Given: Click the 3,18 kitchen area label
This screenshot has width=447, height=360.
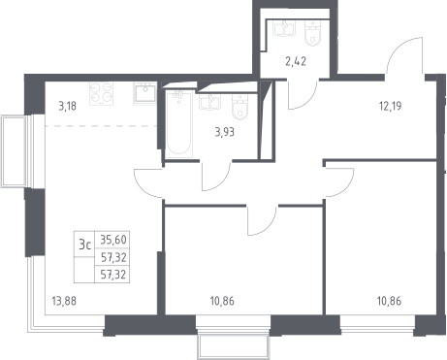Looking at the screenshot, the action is point(68,106).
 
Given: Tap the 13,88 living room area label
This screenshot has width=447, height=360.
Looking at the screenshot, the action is point(64,301).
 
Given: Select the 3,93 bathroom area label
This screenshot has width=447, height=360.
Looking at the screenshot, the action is point(225,132).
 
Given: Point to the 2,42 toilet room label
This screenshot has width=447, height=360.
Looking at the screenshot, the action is point(296,61).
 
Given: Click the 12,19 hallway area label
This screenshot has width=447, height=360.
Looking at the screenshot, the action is point(391,106).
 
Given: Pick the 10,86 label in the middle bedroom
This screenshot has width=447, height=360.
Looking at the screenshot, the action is point(222,301).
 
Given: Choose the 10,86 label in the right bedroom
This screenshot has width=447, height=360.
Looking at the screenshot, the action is point(389,301).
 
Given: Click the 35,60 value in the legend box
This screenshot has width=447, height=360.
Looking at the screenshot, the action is point(113,240).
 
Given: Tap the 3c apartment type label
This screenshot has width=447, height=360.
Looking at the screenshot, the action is point(84,245).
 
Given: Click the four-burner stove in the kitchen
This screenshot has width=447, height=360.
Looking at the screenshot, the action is point(102,93).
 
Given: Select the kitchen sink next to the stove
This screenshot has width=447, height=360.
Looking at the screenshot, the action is point(144,93).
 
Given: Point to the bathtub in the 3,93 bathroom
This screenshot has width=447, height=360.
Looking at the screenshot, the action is point(179,124).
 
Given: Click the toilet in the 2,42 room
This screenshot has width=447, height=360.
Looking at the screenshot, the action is point(313,32).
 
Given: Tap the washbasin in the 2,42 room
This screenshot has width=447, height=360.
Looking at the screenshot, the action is point(284,28).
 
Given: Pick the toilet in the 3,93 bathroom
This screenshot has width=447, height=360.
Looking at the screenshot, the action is point(240,107).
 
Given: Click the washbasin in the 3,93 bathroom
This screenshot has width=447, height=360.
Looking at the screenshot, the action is point(210,102).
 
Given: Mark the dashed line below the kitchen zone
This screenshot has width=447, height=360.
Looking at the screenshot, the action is point(101,125).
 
